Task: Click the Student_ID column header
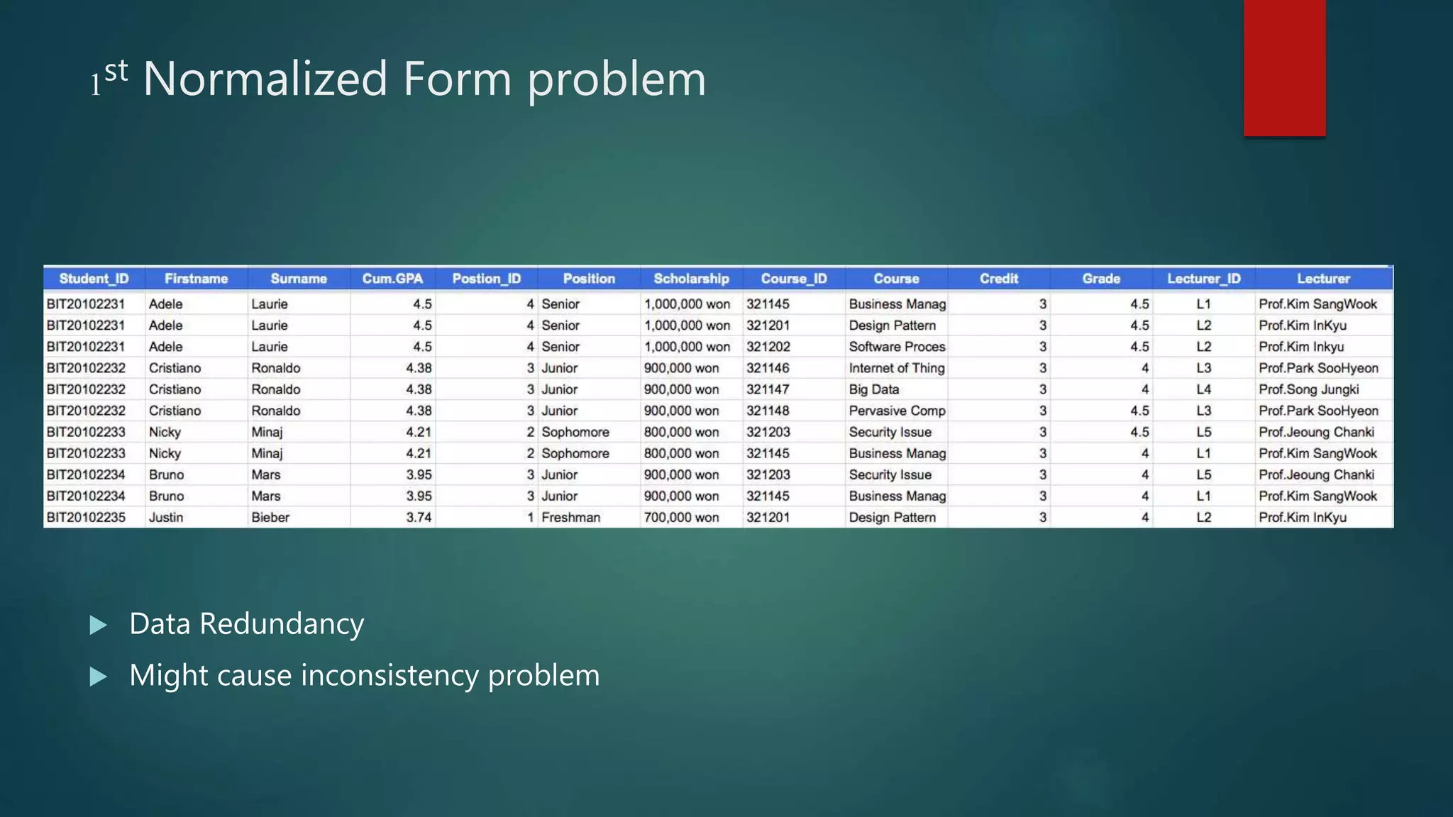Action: tap(94, 279)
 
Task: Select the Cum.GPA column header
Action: tap(392, 279)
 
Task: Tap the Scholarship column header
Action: tap(691, 279)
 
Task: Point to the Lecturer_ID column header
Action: tap(1203, 279)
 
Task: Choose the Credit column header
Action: tap(998, 279)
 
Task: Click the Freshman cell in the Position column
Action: tap(570, 518)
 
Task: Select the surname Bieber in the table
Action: tap(270, 518)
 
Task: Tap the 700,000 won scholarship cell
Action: tap(681, 518)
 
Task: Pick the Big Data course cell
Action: tap(873, 389)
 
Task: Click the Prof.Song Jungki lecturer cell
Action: tap(1308, 389)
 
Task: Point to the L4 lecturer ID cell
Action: tap(1203, 389)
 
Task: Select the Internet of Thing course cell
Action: tap(896, 368)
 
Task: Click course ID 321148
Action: tap(768, 411)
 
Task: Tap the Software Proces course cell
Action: tap(897, 347)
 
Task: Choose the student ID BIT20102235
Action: tap(86, 518)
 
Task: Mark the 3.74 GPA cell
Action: tap(419, 518)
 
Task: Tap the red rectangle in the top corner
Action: tap(1284, 67)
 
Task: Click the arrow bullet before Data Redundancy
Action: tap(99, 625)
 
